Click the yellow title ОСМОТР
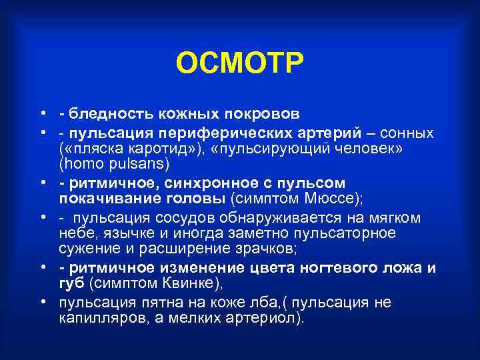tap(240, 63)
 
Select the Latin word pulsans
tap(141, 162)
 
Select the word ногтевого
tap(335, 268)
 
